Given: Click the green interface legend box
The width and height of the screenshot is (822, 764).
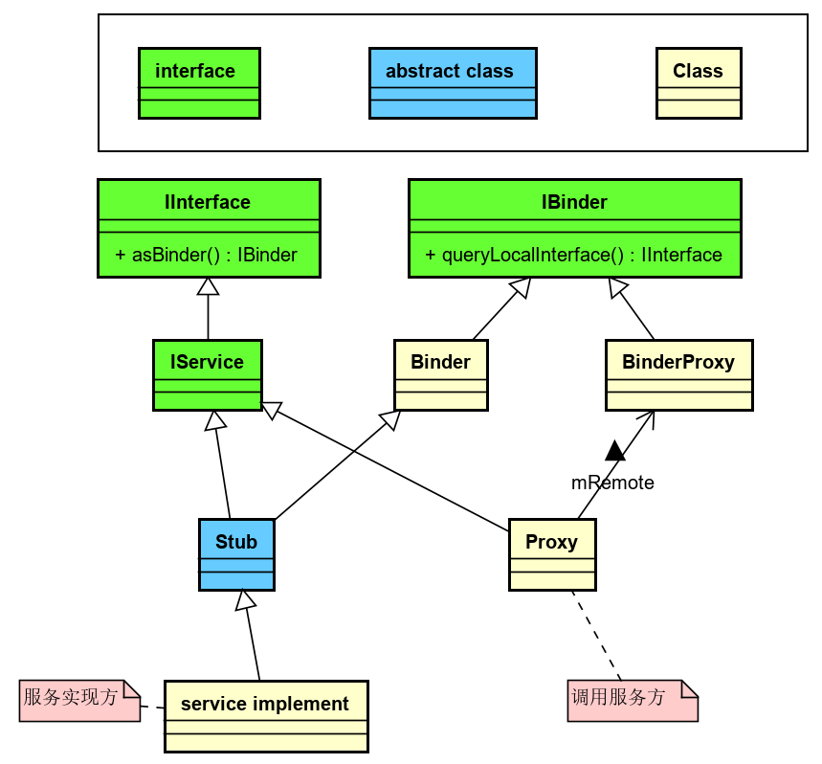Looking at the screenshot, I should pos(199,83).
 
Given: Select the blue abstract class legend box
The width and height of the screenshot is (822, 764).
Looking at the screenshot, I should pos(453,83).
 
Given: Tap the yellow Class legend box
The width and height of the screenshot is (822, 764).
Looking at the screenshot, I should pos(699,83).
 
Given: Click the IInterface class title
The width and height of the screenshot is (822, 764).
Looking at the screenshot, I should pos(208,202).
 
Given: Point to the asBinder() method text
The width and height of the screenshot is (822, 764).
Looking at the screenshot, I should pos(206,255).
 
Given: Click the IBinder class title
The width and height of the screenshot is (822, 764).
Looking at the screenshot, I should pos(574,202).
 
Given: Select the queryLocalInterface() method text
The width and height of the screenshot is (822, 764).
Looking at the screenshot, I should pos(573,255).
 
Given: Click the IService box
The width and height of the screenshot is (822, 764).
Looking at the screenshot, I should pos(208,374).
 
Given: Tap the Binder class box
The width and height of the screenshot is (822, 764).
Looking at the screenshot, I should pos(440,374).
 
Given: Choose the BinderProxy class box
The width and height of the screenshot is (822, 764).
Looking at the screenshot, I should pos(678,374).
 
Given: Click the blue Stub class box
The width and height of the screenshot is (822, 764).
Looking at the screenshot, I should pos(236,554).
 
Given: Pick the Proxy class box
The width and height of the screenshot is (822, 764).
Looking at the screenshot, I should pos(552,554).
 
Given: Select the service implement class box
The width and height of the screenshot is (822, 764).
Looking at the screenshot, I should pos(265,716).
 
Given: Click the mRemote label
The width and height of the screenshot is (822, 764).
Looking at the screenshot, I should pos(612,483).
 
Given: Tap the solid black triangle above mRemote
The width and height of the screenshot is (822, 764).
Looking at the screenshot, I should pos(614,450).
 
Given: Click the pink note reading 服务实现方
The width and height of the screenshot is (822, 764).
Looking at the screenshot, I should pos(79,700).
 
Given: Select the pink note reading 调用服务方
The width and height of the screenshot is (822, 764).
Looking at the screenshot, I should pos(632,700).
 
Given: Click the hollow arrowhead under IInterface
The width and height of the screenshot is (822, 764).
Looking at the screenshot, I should pos(208,286).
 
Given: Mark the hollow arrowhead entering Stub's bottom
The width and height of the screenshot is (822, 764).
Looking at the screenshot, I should pos(246,600).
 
